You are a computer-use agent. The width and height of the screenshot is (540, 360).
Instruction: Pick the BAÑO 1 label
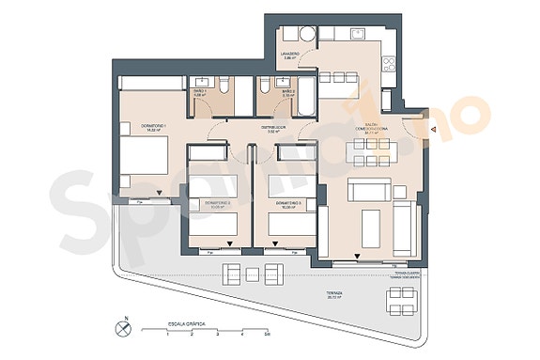tap(200, 93)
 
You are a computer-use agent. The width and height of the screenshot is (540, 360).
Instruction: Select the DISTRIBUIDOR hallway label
tap(272, 129)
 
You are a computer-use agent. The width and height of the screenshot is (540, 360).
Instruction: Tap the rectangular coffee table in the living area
tap(370, 226)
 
